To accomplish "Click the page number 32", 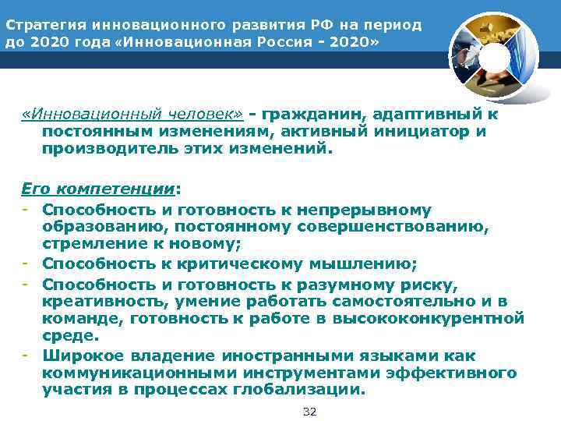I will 309,411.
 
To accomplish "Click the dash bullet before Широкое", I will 26,356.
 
